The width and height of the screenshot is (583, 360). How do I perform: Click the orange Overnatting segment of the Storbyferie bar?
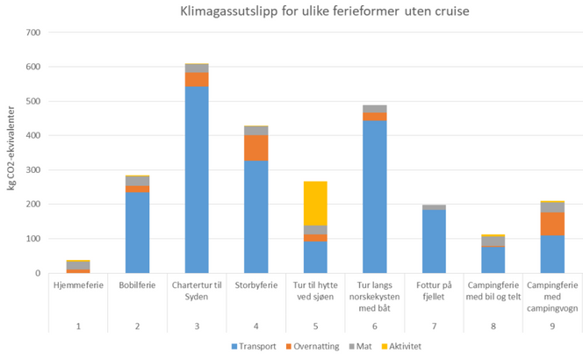256,148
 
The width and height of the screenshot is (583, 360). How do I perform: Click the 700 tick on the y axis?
33,32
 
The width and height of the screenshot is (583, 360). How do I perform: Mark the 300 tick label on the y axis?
33,170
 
